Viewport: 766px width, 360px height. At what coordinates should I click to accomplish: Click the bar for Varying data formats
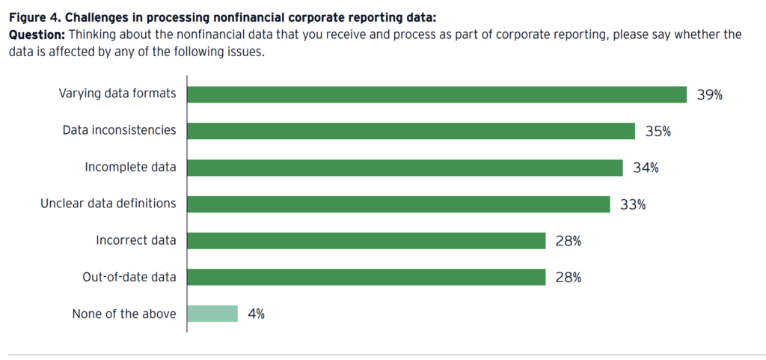coord(437,94)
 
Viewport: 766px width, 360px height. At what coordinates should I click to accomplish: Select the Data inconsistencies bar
coord(411,131)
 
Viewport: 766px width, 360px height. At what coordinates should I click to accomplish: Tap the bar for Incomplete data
coord(405,168)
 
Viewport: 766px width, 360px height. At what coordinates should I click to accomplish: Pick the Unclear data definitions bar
coord(398,204)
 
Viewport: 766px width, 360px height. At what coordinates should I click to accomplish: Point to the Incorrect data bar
coord(366,240)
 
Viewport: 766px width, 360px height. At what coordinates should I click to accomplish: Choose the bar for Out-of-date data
coord(366,277)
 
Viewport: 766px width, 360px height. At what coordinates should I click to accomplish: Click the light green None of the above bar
coord(212,314)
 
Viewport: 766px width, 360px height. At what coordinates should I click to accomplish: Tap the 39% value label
coord(709,95)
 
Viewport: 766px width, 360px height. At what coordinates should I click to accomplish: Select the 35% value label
coord(658,132)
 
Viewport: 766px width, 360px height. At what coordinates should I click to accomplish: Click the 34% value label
coord(646,168)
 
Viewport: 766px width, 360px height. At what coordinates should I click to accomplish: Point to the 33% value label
coord(633,204)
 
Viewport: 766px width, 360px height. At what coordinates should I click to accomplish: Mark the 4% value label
coord(256,314)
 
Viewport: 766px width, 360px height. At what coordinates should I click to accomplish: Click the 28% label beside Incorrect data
coord(569,241)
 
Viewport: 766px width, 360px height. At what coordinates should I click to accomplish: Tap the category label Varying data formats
coord(117,94)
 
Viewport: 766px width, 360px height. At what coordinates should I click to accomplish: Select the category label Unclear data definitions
coord(108,204)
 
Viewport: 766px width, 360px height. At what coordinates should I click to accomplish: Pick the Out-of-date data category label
coord(129,277)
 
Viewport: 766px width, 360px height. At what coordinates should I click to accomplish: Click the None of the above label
coord(124,314)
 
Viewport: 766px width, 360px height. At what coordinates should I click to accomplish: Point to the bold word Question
coord(31,34)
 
